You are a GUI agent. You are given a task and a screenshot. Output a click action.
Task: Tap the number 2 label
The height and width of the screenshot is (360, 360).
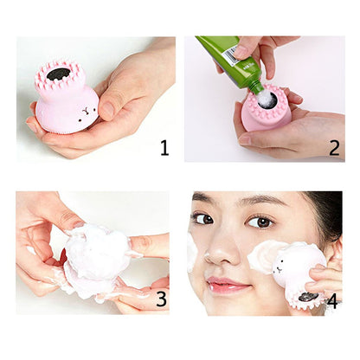[x=334, y=147]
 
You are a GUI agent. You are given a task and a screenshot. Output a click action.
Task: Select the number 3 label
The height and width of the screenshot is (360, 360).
[x=161, y=299]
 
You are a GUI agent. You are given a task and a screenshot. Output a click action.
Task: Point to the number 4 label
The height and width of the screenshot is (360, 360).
[x=333, y=303]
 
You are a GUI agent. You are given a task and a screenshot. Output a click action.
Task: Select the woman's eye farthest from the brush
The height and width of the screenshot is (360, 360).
[x=203, y=219]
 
